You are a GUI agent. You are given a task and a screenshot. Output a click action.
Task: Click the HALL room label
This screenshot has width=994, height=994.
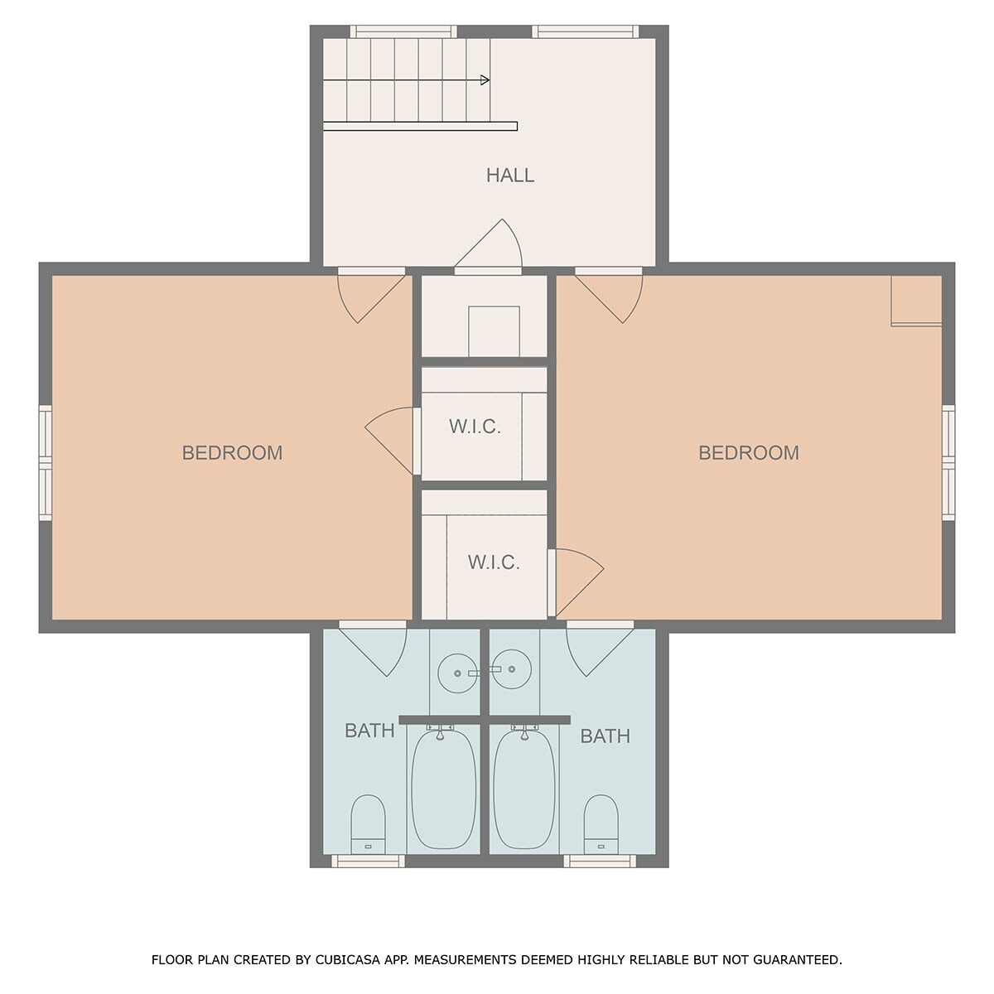coord(509,176)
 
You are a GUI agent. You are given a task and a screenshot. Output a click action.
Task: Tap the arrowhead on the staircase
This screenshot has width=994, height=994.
coord(485,80)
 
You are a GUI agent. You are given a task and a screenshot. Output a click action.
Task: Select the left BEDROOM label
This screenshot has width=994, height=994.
coord(232,453)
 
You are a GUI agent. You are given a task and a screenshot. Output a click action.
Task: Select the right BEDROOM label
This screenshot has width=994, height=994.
coord(749,453)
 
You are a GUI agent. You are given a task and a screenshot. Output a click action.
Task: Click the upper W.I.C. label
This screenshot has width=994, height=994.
coord(475,427)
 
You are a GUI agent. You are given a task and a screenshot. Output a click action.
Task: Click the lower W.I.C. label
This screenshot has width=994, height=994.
coord(494,562)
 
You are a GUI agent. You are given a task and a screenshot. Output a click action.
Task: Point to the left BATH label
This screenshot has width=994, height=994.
coord(369,731)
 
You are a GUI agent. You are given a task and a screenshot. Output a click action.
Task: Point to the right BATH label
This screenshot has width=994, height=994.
coord(605,736)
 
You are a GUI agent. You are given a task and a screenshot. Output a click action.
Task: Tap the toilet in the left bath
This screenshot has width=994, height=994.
coord(368,824)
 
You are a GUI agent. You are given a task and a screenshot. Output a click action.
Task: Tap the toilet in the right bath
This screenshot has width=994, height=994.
coord(601,824)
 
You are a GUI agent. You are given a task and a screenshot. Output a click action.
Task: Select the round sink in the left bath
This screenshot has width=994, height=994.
coord(457,673)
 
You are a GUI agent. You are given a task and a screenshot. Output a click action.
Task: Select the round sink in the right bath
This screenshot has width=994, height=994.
coord(512,669)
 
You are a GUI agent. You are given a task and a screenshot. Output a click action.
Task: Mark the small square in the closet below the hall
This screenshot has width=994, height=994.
coord(494,331)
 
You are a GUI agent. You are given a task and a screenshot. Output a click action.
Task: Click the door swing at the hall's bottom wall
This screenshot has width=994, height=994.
coord(489,245)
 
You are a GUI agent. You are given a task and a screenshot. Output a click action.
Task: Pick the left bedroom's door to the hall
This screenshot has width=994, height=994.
coord(371,297)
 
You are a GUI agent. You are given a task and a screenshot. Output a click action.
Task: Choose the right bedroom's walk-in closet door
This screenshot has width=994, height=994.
coord(577,583)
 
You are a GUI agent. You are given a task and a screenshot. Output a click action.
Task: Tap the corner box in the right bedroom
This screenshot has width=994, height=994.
coord(917,301)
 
